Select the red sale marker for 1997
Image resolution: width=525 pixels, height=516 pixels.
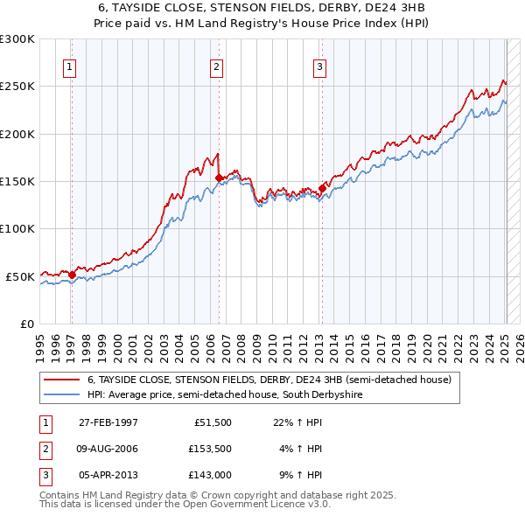[72, 274]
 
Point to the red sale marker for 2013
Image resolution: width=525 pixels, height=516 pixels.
[322, 188]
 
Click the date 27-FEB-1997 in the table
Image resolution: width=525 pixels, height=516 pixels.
[108, 422]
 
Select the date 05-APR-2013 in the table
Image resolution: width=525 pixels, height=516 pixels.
[108, 475]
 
